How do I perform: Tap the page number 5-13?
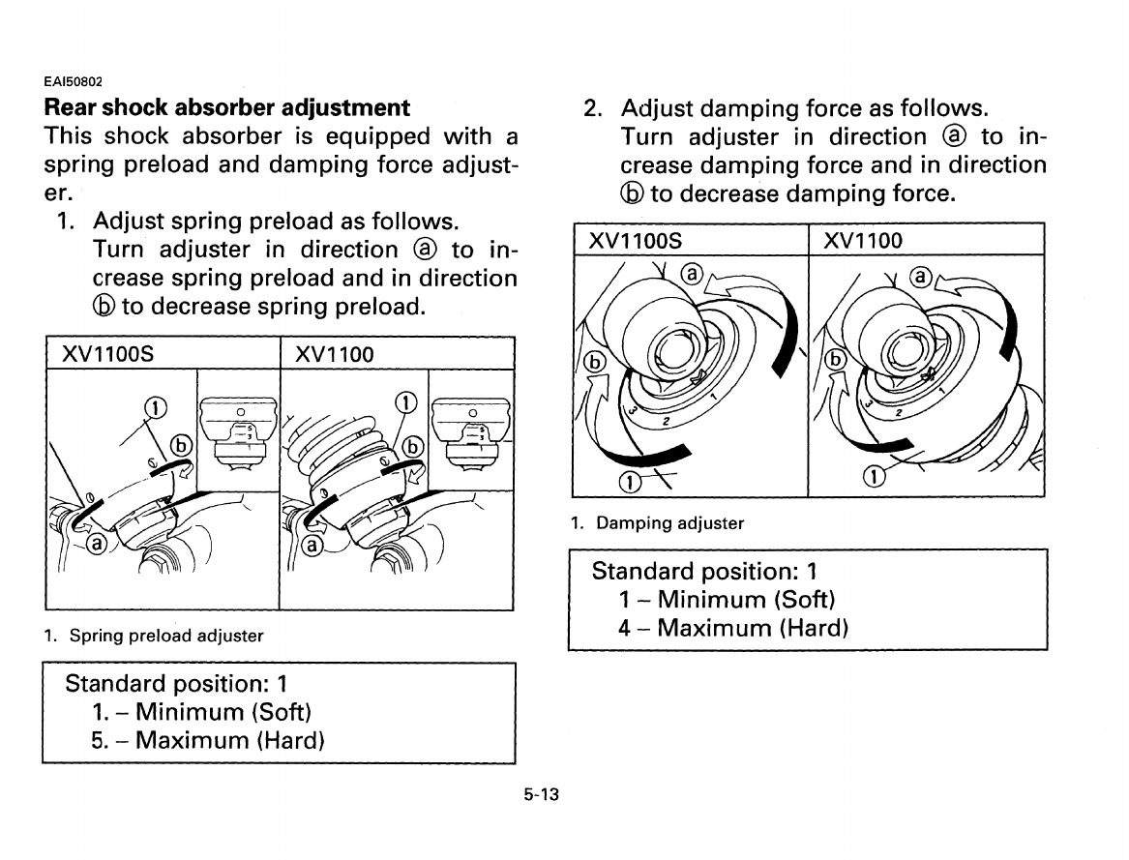(544, 795)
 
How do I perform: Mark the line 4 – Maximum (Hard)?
(733, 628)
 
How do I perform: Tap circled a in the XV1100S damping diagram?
(692, 274)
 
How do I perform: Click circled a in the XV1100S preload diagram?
(97, 545)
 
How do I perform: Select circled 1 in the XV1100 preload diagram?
(407, 401)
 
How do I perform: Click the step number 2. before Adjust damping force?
(595, 107)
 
